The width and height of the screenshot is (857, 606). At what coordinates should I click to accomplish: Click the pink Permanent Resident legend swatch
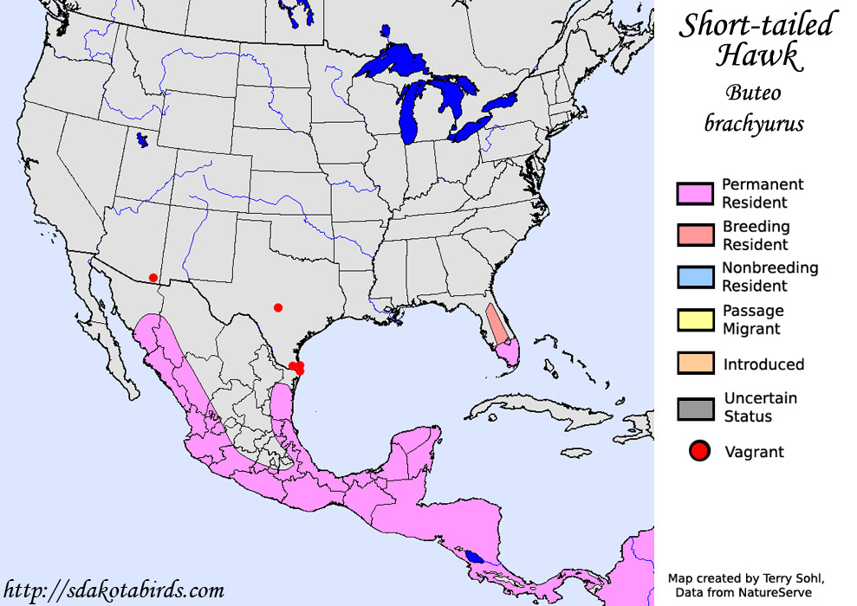coord(695,193)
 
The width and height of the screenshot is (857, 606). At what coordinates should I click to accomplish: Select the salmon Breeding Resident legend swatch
coord(695,235)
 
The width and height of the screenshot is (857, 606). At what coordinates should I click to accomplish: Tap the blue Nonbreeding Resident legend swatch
coord(695,277)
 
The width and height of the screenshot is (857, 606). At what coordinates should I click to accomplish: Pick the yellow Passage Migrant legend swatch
coord(695,319)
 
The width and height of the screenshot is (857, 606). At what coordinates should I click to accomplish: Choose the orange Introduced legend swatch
coord(695,364)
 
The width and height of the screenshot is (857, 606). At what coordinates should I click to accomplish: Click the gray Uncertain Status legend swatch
coord(695,408)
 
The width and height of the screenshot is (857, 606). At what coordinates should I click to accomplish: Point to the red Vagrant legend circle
coord(699,451)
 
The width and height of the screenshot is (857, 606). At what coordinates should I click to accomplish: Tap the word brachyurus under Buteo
coord(754,123)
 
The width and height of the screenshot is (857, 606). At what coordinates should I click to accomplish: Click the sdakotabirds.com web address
coord(114,590)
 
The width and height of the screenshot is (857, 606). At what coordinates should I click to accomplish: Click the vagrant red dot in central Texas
coord(277,307)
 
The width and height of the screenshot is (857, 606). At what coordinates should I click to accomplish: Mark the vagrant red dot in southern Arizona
coord(153,278)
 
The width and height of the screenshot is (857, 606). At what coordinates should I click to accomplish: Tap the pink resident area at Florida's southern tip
coord(511,351)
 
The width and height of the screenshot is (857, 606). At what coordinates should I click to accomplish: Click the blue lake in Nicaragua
coord(473,557)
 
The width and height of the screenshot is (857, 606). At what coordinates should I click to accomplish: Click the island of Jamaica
coord(576,452)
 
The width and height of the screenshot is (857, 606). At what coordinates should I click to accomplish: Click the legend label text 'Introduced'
coord(763,364)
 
